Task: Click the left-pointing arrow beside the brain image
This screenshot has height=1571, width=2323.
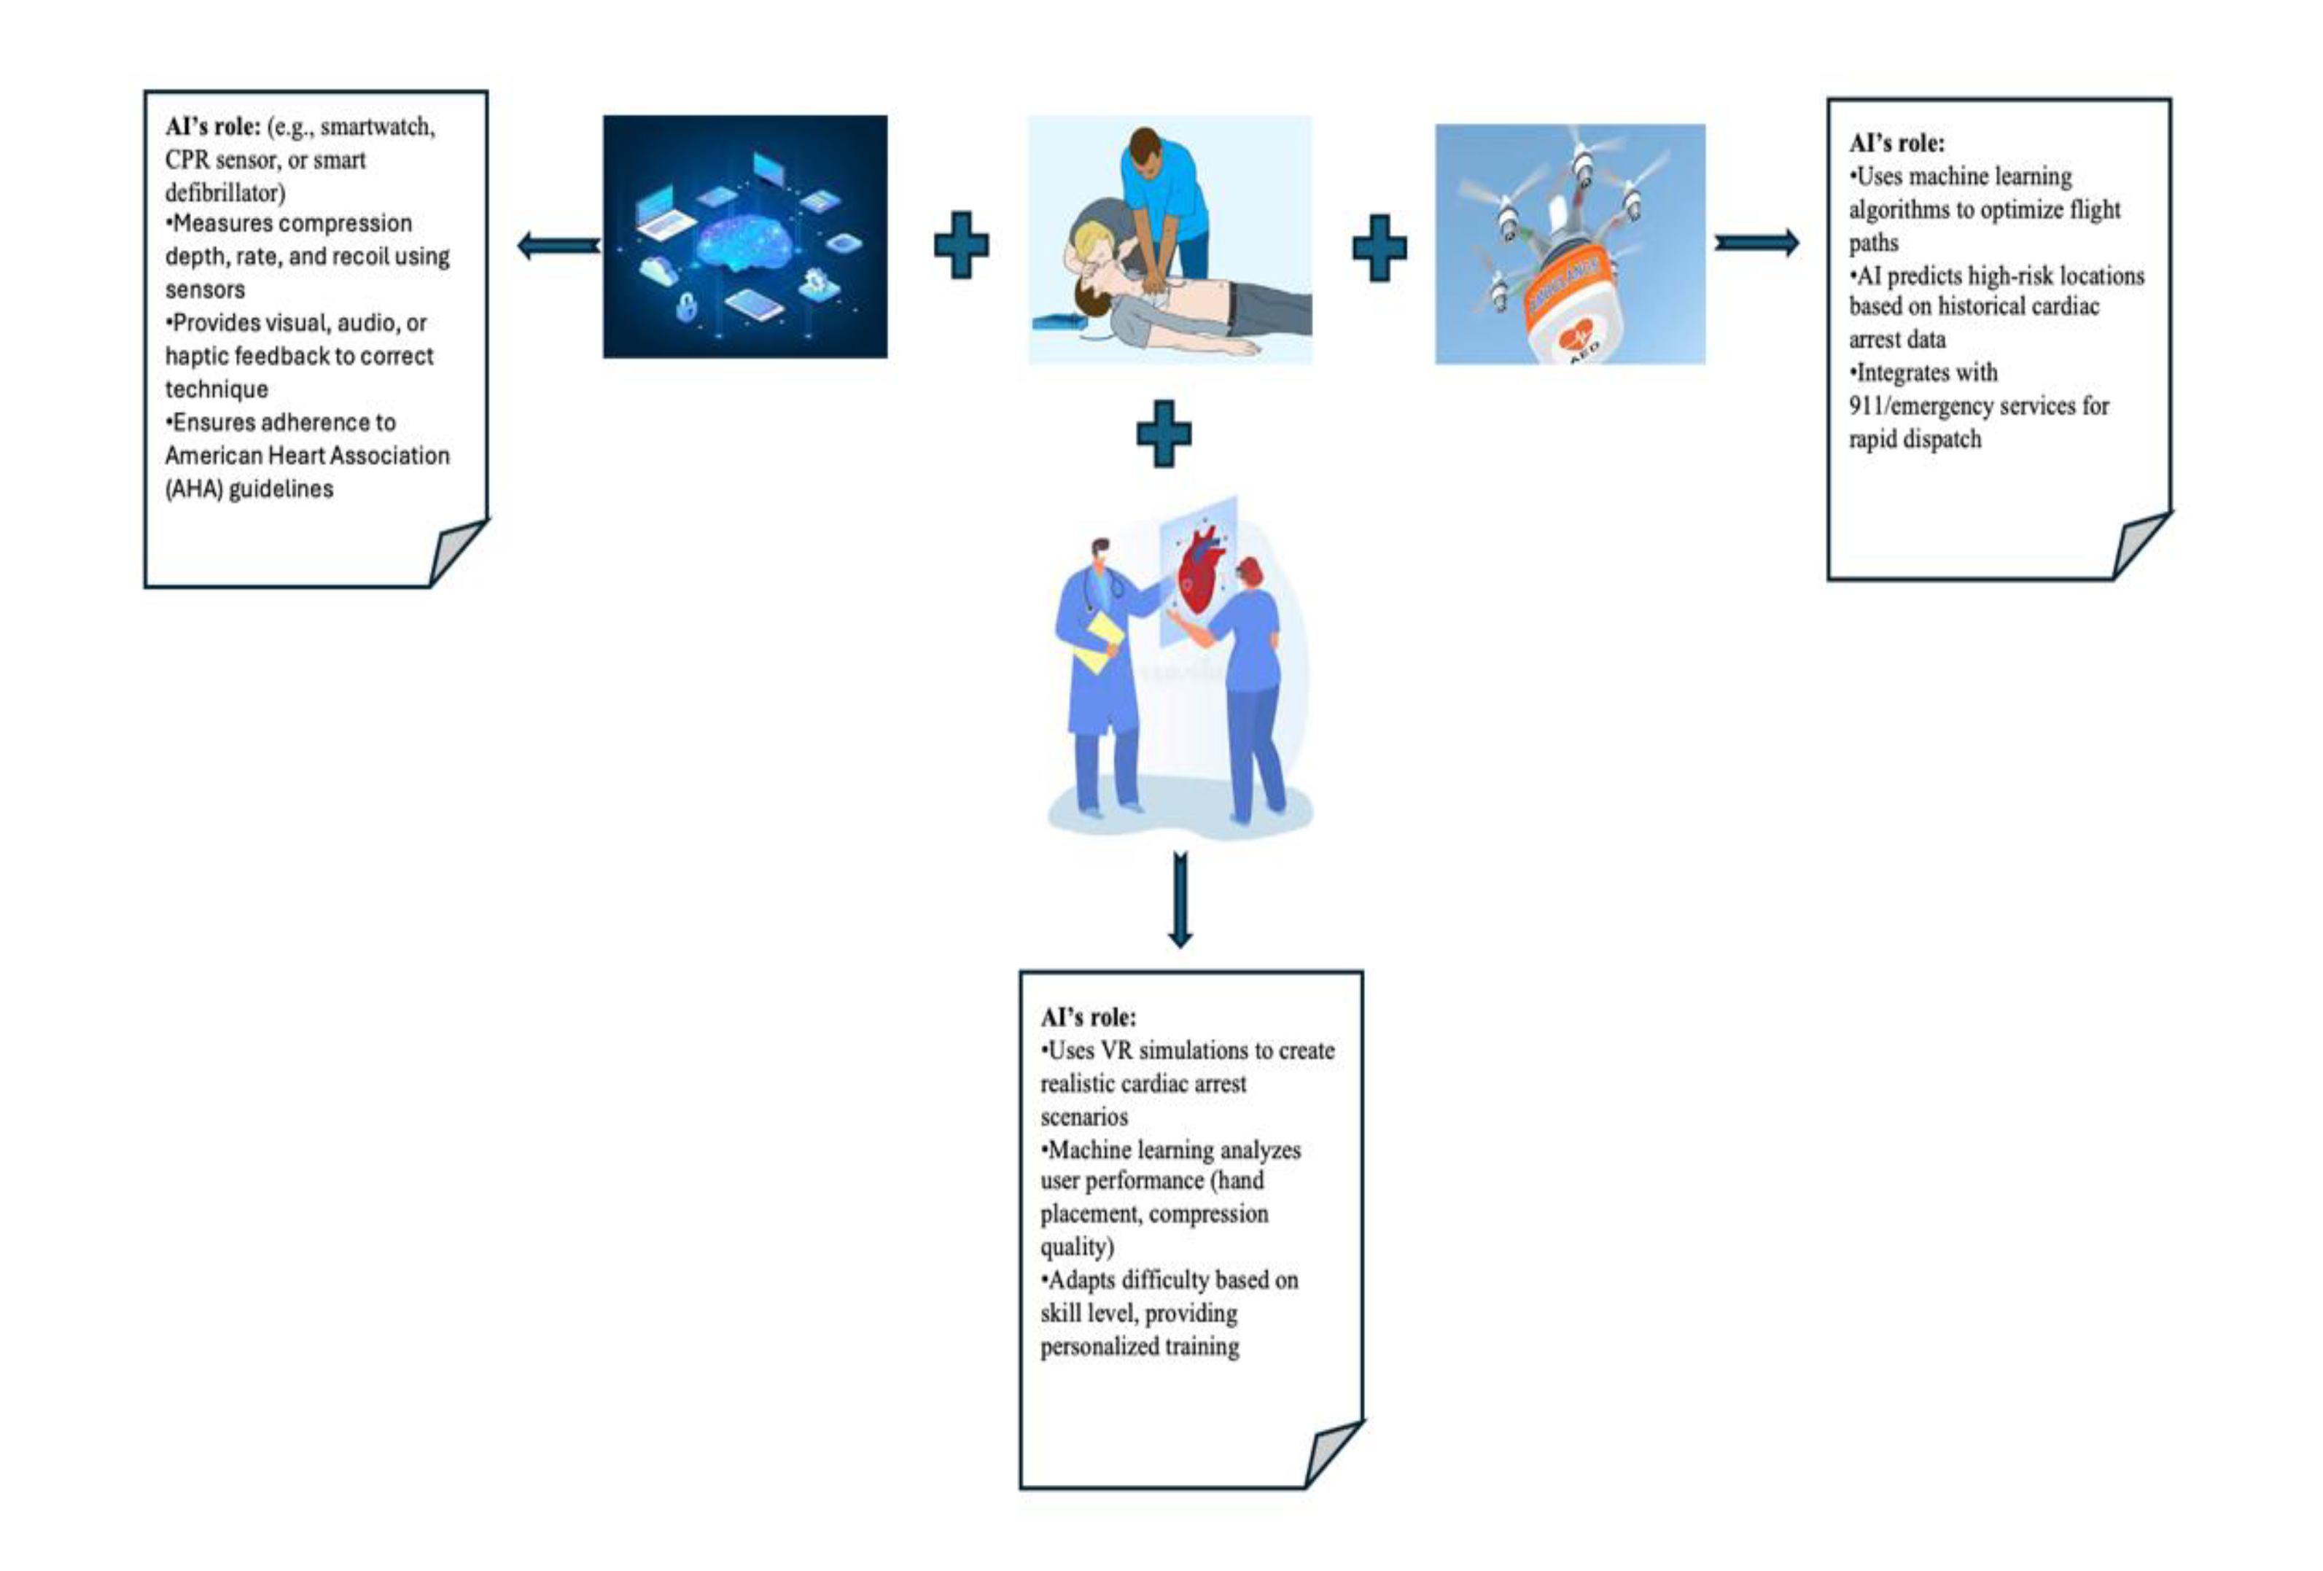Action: pos(558,245)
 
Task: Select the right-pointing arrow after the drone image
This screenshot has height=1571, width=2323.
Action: pos(1756,242)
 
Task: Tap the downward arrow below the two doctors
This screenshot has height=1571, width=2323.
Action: pos(1180,900)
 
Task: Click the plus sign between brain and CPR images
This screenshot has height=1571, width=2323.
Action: pos(960,245)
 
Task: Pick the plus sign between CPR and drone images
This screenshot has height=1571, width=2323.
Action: pos(1380,247)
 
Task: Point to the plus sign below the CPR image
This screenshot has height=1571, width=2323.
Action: pos(1164,433)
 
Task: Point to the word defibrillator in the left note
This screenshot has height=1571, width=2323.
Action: pos(225,192)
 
